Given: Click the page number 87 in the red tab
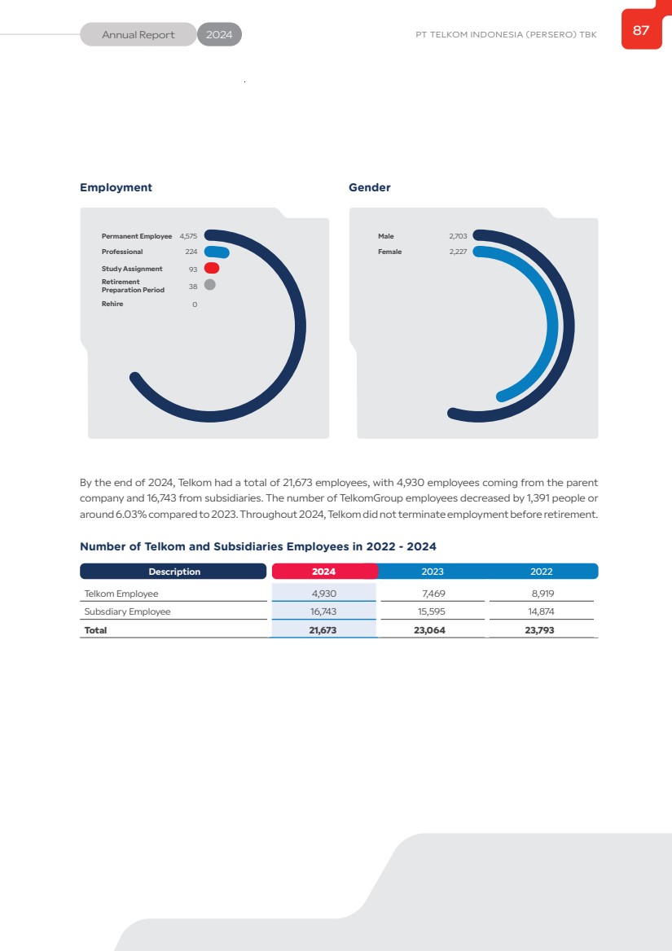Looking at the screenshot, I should [641, 31].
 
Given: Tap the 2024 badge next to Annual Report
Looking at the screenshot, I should [219, 35].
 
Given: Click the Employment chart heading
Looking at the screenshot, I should [116, 187].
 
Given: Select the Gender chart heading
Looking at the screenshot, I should [369, 187].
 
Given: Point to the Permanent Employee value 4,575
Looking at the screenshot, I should [188, 236].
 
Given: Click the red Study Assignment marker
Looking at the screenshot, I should [212, 268].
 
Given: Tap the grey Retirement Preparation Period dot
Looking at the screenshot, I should [209, 285].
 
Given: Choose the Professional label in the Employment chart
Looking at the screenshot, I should [122, 252].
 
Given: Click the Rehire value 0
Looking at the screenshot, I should [194, 305].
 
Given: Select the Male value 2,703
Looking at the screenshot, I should [458, 236].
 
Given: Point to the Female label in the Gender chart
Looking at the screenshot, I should [389, 252].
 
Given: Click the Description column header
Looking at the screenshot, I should [173, 572].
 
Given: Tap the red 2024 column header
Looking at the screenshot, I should [323, 572].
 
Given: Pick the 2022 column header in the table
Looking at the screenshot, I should [541, 572].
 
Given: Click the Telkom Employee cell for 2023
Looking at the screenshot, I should [433, 594].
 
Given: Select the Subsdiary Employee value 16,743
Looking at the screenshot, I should [323, 611].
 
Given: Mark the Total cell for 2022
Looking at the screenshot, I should [541, 630].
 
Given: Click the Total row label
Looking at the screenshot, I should [95, 630].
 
